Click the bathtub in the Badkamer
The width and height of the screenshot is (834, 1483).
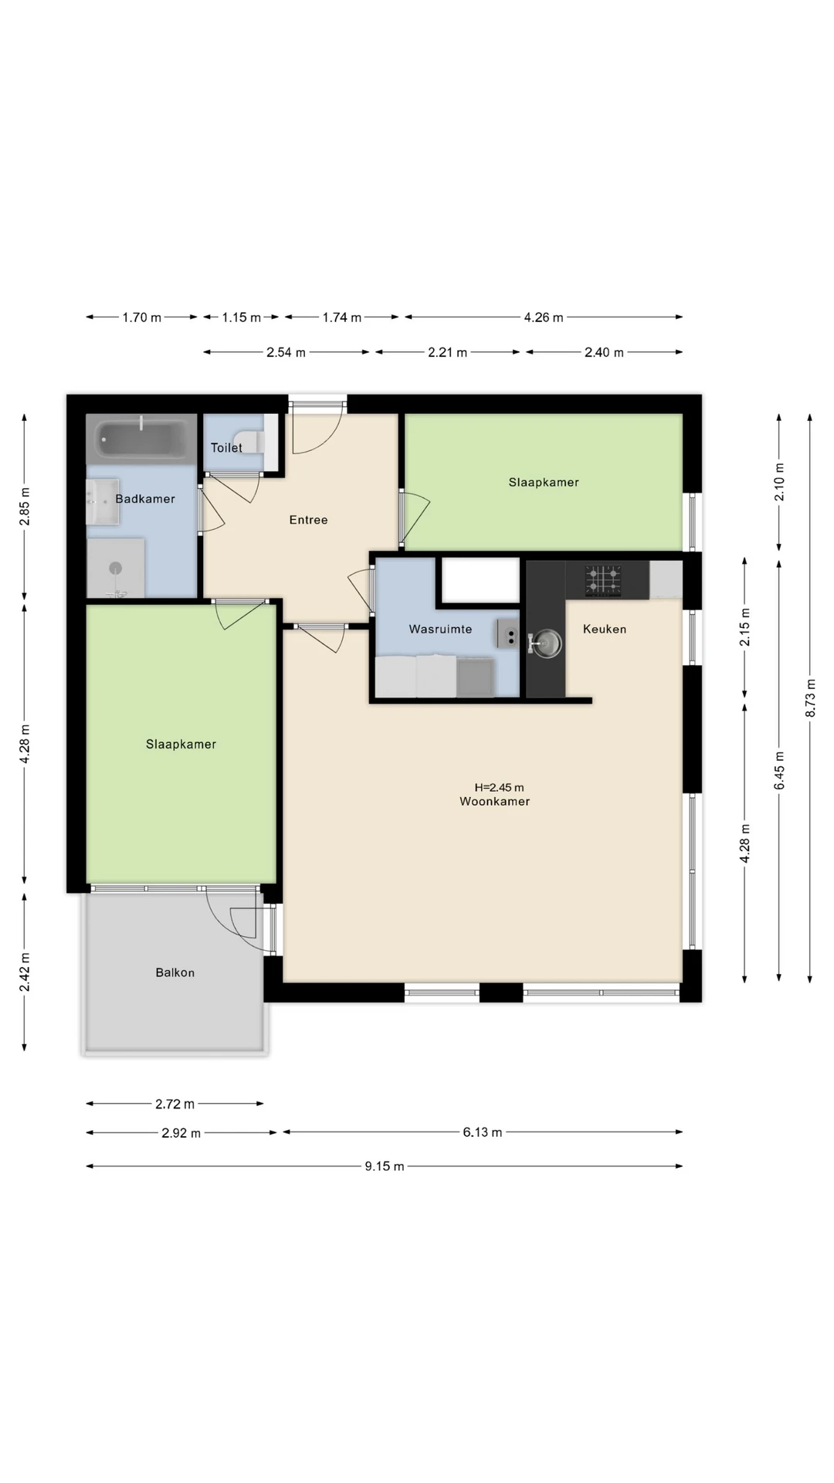(x=141, y=439)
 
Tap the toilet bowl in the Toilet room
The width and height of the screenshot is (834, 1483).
(x=253, y=442)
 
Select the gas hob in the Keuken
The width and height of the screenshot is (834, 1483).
(x=602, y=581)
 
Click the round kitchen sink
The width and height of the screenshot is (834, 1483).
(x=548, y=643)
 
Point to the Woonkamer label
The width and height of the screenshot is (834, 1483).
(x=495, y=802)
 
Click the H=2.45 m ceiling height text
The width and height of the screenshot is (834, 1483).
(x=499, y=788)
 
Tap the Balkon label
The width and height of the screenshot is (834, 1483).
(x=175, y=972)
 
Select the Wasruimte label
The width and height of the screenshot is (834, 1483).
(x=440, y=630)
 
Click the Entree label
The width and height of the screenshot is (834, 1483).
(x=309, y=520)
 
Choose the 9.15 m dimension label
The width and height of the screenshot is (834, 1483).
(x=385, y=1166)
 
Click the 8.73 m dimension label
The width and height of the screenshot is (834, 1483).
(x=811, y=697)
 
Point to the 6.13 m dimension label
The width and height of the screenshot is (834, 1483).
(x=483, y=1132)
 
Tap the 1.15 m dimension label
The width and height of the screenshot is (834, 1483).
(x=242, y=317)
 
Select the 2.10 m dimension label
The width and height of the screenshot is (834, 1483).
(x=779, y=482)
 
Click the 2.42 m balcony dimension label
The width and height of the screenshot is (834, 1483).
(x=25, y=972)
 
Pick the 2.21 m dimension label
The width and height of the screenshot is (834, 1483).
(x=448, y=352)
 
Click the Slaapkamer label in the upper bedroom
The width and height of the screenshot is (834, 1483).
(x=544, y=482)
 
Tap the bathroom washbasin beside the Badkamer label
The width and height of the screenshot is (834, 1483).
(x=102, y=501)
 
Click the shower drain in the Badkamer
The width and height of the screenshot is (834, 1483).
(x=116, y=568)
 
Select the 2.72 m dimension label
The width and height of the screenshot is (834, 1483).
(x=175, y=1104)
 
